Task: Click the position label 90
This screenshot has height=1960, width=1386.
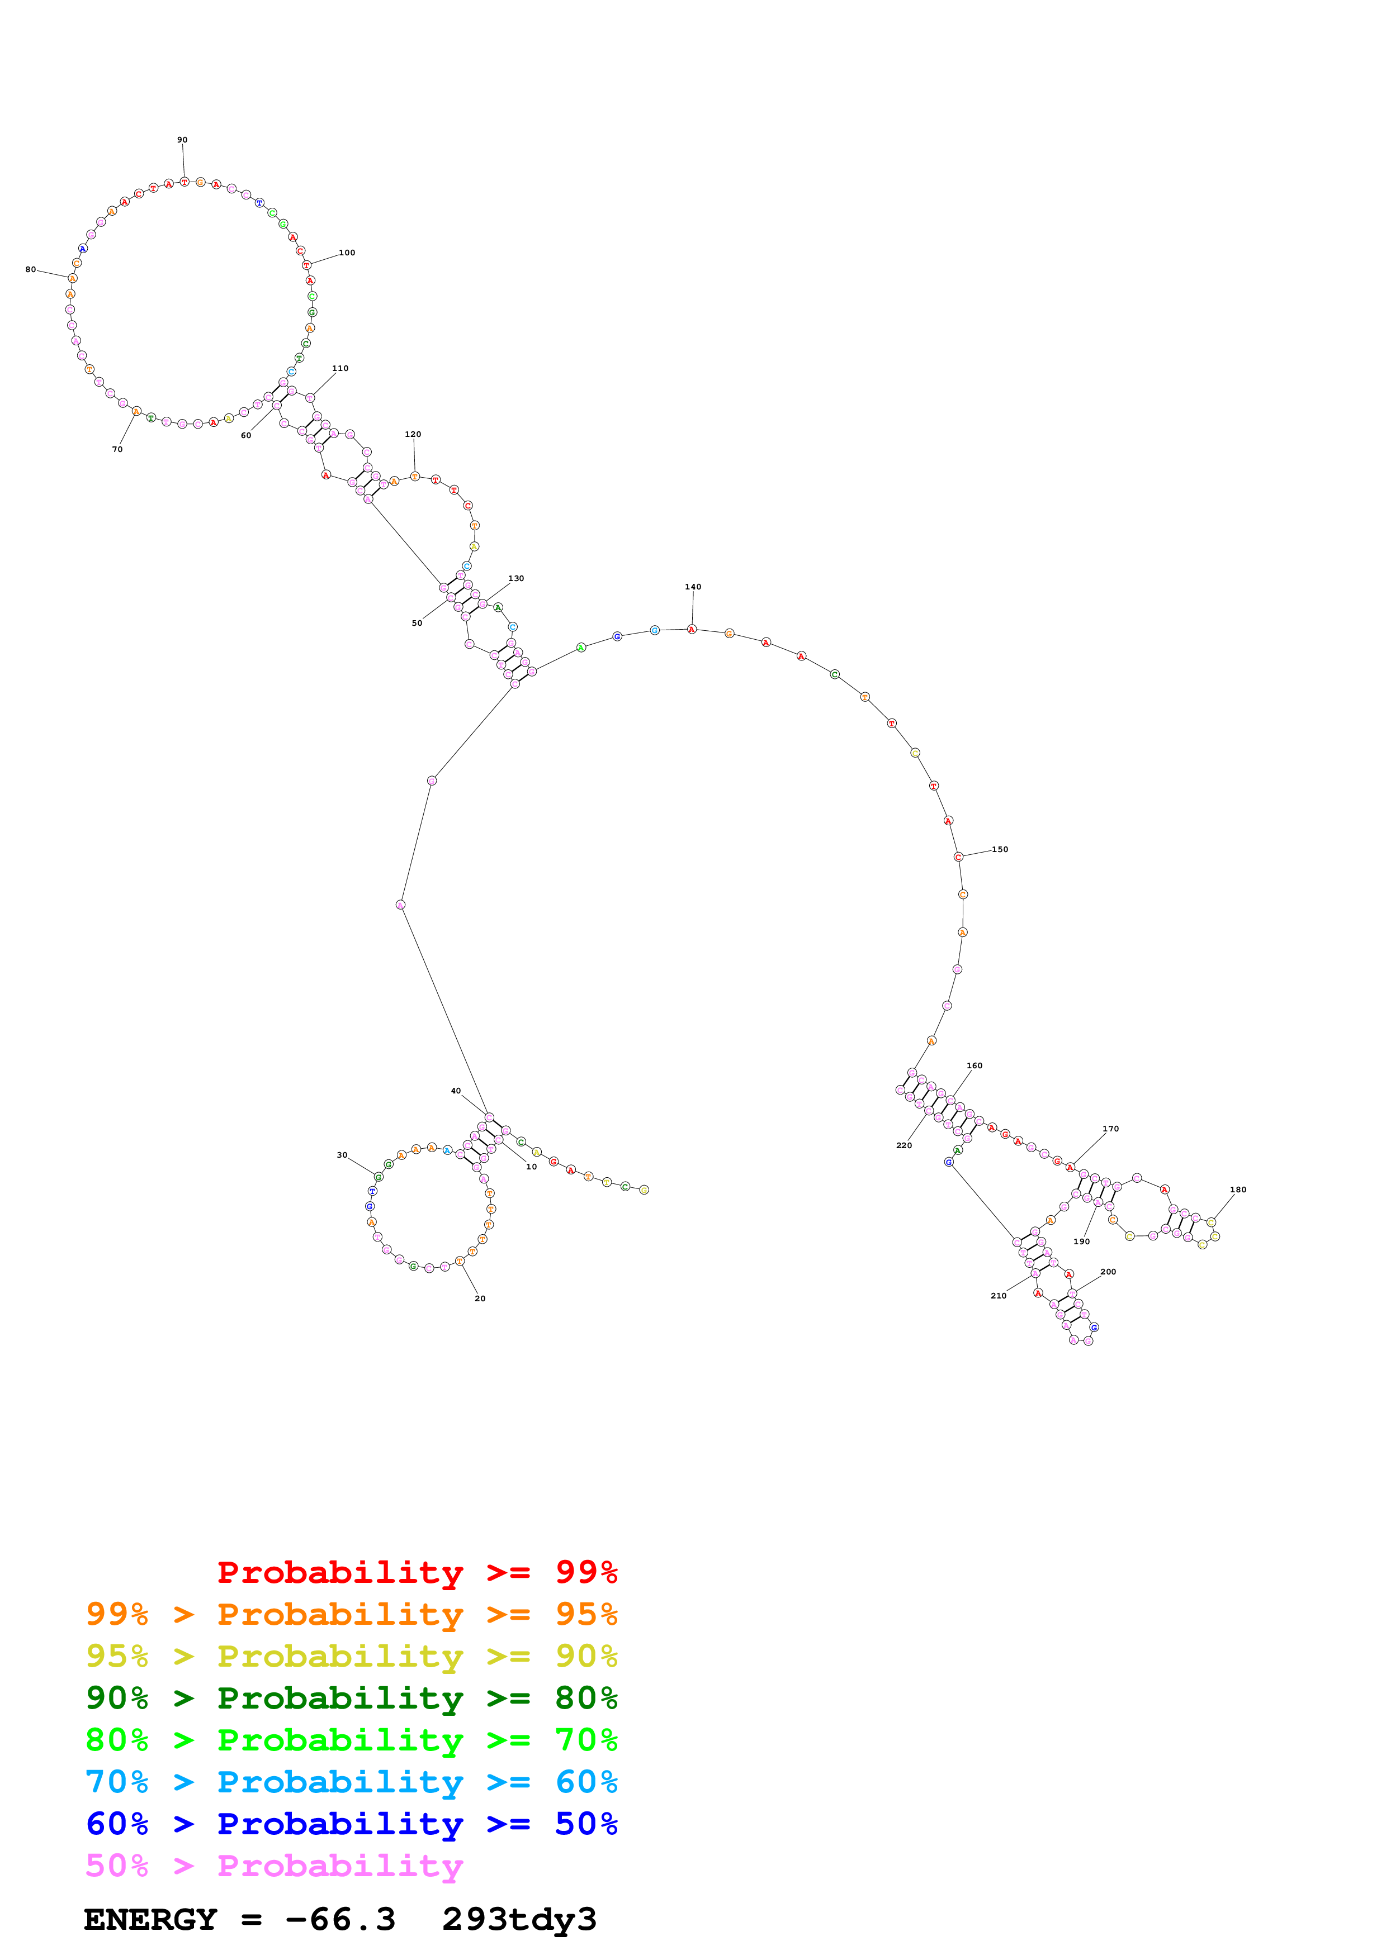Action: [x=182, y=140]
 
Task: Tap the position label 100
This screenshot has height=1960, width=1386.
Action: [x=347, y=253]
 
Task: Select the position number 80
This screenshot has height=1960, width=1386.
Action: [x=31, y=270]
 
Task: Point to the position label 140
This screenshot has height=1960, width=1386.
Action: [x=693, y=587]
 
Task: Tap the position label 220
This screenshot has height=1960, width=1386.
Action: [x=903, y=1145]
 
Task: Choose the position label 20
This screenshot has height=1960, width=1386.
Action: [x=480, y=1298]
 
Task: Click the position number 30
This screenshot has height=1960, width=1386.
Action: [x=342, y=1155]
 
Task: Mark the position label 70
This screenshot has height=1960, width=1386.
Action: [x=117, y=449]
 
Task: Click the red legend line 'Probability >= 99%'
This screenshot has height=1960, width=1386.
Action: [x=417, y=1572]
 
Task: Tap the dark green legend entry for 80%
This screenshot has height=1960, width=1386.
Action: [x=351, y=1698]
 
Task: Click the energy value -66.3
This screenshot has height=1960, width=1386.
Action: [x=340, y=1919]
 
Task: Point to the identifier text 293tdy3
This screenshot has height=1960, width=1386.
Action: [x=518, y=1919]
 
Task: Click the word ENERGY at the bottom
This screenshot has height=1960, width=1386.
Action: [x=150, y=1919]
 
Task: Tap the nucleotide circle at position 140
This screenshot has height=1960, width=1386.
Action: [x=692, y=629]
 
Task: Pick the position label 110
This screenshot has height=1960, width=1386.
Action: [x=340, y=369]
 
